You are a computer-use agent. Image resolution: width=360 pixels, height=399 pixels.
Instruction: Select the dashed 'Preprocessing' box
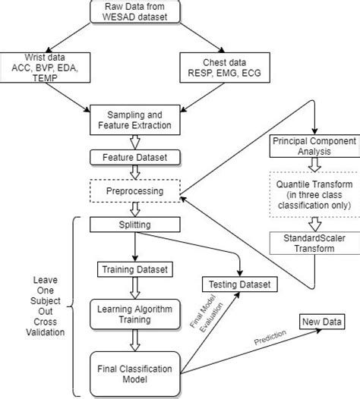[134, 190]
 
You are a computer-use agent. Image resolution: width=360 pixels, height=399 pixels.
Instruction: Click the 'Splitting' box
[134, 225]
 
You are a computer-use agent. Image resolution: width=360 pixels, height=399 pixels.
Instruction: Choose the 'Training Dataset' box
[134, 268]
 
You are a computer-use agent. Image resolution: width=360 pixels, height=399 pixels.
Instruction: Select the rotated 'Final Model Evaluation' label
[201, 322]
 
